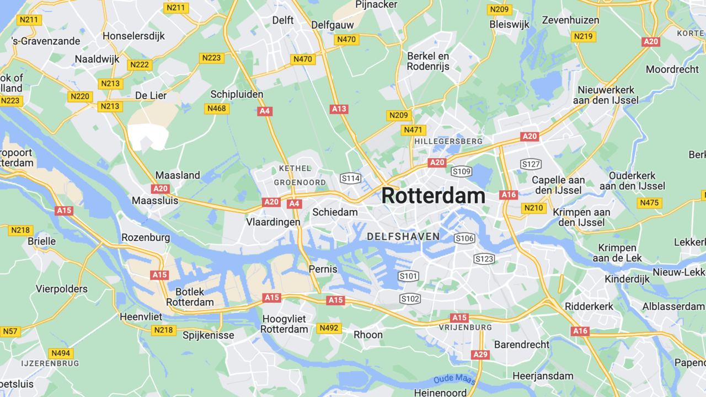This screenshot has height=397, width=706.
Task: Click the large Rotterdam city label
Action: coord(433,196)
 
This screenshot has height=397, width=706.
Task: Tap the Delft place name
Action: coord(283,20)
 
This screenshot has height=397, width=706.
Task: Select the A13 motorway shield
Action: coord(339,109)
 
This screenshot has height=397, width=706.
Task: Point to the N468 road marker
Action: coord(217,109)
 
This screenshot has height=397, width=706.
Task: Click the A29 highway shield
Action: coord(480,355)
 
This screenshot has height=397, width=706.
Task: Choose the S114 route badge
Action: coord(350,178)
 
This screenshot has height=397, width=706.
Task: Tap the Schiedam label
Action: coord(335,212)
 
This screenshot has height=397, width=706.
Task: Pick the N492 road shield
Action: coord(329,328)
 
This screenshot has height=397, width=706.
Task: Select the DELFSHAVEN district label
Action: coord(403,237)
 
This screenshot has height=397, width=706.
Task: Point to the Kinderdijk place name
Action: coord(627,279)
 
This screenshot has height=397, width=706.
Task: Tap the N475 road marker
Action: coord(649,203)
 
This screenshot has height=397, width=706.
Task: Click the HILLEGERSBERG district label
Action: coord(448,141)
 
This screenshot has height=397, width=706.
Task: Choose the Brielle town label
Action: coord(42,242)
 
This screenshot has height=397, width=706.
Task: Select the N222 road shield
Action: coord(140,65)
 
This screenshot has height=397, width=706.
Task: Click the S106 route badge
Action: coord(464,238)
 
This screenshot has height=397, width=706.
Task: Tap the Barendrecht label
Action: coord(521,345)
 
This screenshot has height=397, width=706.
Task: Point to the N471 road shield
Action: coord(413,130)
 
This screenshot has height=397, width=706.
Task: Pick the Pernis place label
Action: coord(323,270)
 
